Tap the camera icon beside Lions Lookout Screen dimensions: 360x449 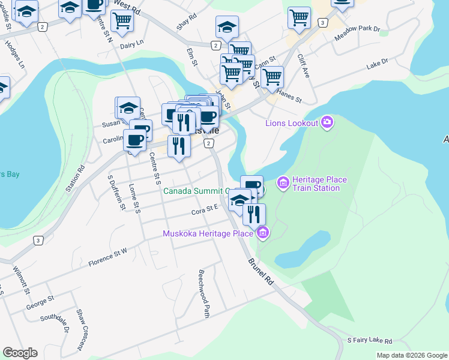point(327,123)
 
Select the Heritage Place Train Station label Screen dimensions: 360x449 point(316,184)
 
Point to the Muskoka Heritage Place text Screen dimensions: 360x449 point(208,233)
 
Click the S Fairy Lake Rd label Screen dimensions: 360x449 point(369,340)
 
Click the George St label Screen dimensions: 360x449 point(40,301)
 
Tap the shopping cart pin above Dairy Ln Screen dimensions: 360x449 point(122,20)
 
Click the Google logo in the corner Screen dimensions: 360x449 point(20,353)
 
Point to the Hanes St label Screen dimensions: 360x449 point(289,94)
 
